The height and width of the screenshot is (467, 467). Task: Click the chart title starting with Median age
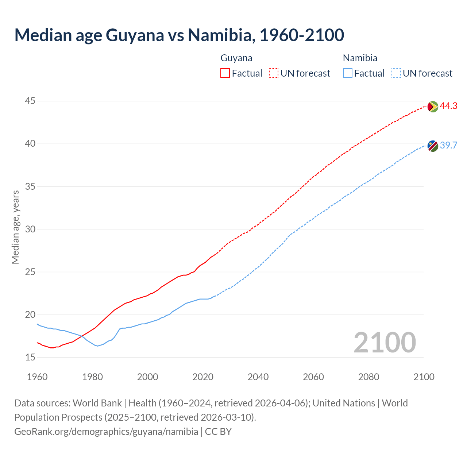pyautogui.click(x=179, y=35)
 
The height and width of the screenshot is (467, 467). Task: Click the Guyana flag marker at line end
pyautogui.click(x=433, y=107)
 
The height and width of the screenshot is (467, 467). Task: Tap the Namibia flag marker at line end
pyautogui.click(x=433, y=146)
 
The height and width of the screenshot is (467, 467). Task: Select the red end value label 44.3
pyautogui.click(x=448, y=106)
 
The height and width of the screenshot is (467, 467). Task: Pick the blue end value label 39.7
pyautogui.click(x=448, y=146)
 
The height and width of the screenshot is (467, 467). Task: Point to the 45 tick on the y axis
pyautogui.click(x=30, y=101)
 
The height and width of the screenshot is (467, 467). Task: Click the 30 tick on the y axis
pyautogui.click(x=30, y=229)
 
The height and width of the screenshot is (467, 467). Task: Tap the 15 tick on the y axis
pyautogui.click(x=30, y=357)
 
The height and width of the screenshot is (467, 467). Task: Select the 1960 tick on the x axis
pyautogui.click(x=37, y=377)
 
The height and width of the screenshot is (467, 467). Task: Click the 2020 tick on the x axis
pyautogui.click(x=203, y=377)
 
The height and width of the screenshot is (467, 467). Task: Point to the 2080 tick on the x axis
pyautogui.click(x=368, y=377)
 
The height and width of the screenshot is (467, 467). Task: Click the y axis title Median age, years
pyautogui.click(x=15, y=227)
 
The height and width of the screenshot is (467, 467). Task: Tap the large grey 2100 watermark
pyautogui.click(x=385, y=342)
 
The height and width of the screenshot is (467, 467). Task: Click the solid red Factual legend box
pyautogui.click(x=225, y=73)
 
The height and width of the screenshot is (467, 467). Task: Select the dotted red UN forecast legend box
pyautogui.click(x=274, y=73)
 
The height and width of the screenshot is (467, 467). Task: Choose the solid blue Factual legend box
pyautogui.click(x=348, y=73)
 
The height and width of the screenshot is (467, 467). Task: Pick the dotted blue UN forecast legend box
pyautogui.click(x=396, y=73)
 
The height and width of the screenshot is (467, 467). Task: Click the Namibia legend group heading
pyautogui.click(x=360, y=58)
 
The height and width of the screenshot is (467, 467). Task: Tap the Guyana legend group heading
pyautogui.click(x=236, y=58)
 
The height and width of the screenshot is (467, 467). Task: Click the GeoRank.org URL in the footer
pyautogui.click(x=106, y=432)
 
